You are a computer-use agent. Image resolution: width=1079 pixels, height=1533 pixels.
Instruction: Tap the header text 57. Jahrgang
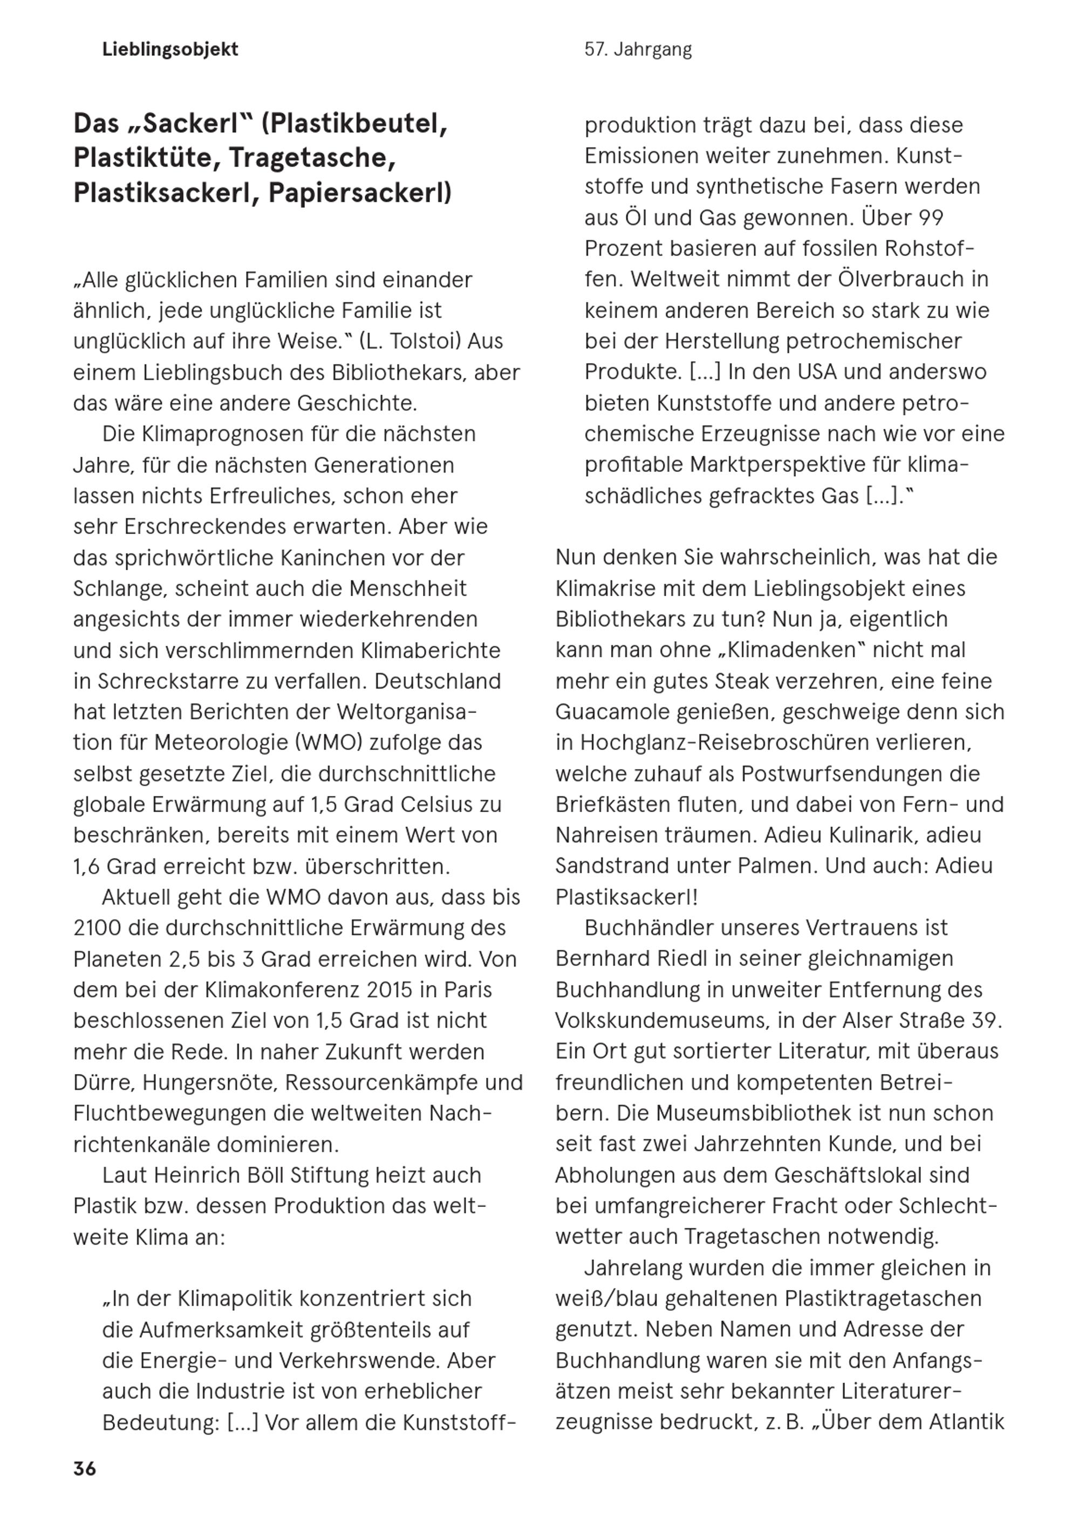[x=638, y=50]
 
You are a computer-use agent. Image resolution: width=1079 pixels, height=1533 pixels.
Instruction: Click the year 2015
[x=380, y=989]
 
